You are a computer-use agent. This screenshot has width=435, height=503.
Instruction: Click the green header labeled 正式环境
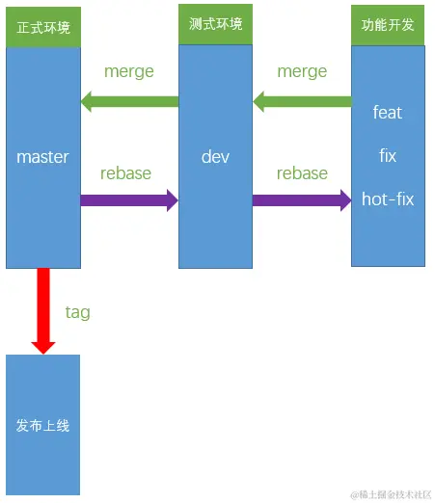[43, 27]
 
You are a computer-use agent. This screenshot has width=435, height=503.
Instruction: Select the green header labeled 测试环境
[215, 24]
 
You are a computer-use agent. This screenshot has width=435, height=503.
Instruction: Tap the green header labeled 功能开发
[388, 25]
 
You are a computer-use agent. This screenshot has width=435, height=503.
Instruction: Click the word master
[42, 157]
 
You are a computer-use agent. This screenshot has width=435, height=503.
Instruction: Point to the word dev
[215, 157]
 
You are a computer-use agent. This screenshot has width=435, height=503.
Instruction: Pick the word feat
[388, 113]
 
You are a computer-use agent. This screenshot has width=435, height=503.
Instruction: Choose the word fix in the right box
[388, 155]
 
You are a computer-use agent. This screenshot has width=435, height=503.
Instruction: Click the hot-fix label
[388, 199]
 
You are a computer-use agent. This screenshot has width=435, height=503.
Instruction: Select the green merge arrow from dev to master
[129, 101]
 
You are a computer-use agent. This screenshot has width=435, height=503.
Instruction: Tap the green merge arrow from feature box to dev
[302, 101]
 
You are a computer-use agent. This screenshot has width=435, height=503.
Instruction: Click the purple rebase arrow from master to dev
[129, 200]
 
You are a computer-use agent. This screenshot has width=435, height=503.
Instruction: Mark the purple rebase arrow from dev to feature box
[302, 200]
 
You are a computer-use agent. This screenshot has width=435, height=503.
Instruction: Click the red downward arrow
[43, 311]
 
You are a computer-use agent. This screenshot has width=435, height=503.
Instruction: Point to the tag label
[78, 312]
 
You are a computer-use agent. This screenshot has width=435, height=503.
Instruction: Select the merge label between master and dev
[129, 71]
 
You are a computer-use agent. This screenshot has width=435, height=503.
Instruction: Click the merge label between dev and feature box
[302, 71]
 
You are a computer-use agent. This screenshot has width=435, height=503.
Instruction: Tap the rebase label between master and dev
[125, 173]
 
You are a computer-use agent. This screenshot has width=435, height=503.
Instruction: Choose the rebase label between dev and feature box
[302, 173]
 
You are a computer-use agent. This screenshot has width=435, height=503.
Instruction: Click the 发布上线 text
[42, 426]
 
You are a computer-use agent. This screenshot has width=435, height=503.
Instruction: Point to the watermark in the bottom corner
[391, 494]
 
